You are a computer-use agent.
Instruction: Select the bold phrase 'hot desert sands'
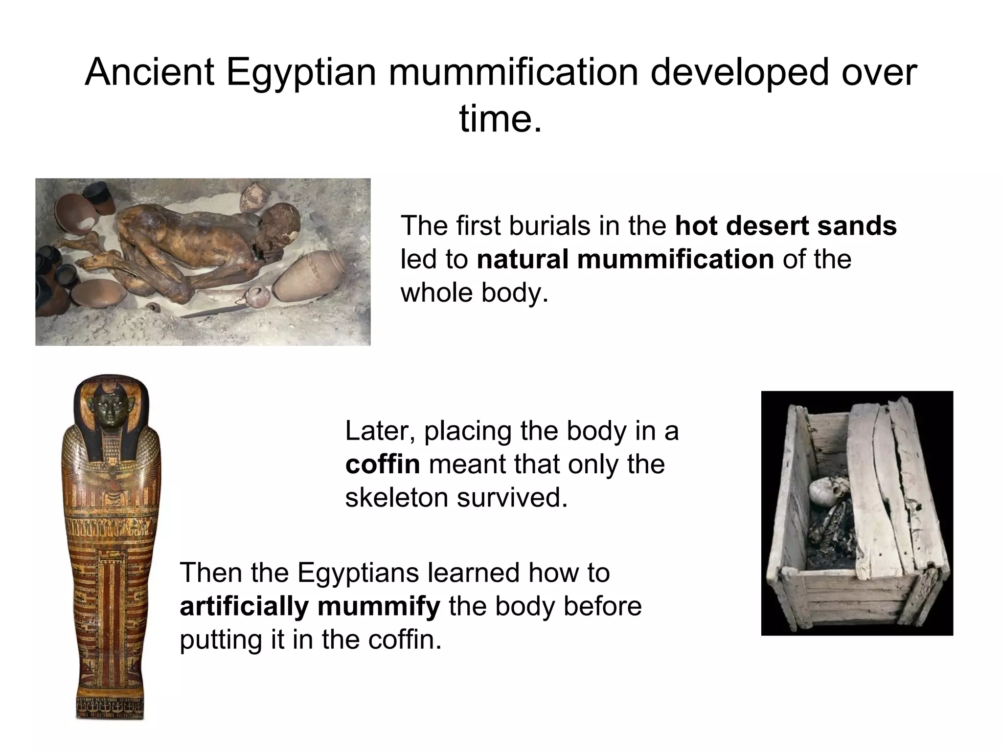pyautogui.click(x=786, y=226)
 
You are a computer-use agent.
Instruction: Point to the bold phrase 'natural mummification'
pyautogui.click(x=625, y=259)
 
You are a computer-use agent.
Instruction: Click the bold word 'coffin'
pyautogui.click(x=383, y=464)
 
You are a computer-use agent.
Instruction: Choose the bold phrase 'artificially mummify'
pyautogui.click(x=310, y=606)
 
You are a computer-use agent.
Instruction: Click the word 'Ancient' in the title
pyautogui.click(x=149, y=72)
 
